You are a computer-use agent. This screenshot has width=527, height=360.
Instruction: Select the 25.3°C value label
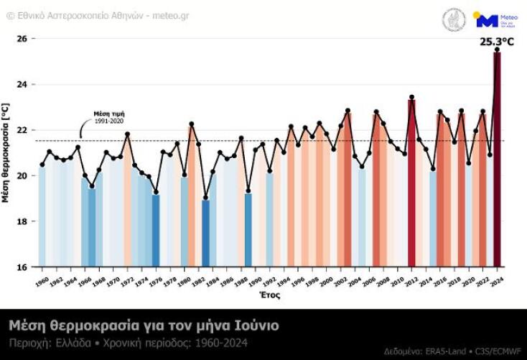point(496,41)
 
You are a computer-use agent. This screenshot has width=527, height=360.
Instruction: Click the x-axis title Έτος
point(269,295)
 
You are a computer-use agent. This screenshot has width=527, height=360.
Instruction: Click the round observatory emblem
point(453,19)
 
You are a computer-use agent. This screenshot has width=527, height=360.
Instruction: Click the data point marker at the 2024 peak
point(497,50)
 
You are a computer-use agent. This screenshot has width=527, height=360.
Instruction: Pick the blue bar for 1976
point(156,230)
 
